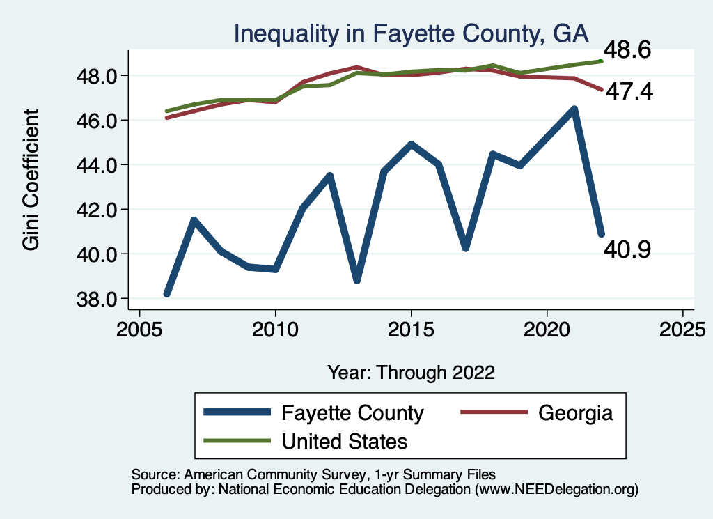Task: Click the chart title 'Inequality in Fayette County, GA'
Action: click(411, 34)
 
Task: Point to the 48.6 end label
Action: click(627, 49)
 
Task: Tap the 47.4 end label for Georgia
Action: click(629, 91)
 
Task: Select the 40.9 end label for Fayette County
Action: click(627, 249)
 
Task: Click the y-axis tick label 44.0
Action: click(97, 165)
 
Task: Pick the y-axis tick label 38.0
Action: click(97, 300)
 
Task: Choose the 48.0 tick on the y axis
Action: click(97, 76)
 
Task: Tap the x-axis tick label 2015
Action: click(411, 330)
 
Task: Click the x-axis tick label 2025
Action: click(682, 330)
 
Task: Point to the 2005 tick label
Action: click(139, 330)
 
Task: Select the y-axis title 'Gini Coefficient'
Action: click(31, 180)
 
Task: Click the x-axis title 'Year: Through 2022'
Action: click(411, 373)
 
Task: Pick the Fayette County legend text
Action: click(353, 413)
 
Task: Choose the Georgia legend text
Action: click(576, 413)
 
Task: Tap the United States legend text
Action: click(345, 442)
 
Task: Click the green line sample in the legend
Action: click(237, 441)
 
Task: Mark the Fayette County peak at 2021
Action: click(574, 109)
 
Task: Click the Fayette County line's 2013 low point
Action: click(357, 280)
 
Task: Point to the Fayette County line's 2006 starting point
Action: click(167, 293)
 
